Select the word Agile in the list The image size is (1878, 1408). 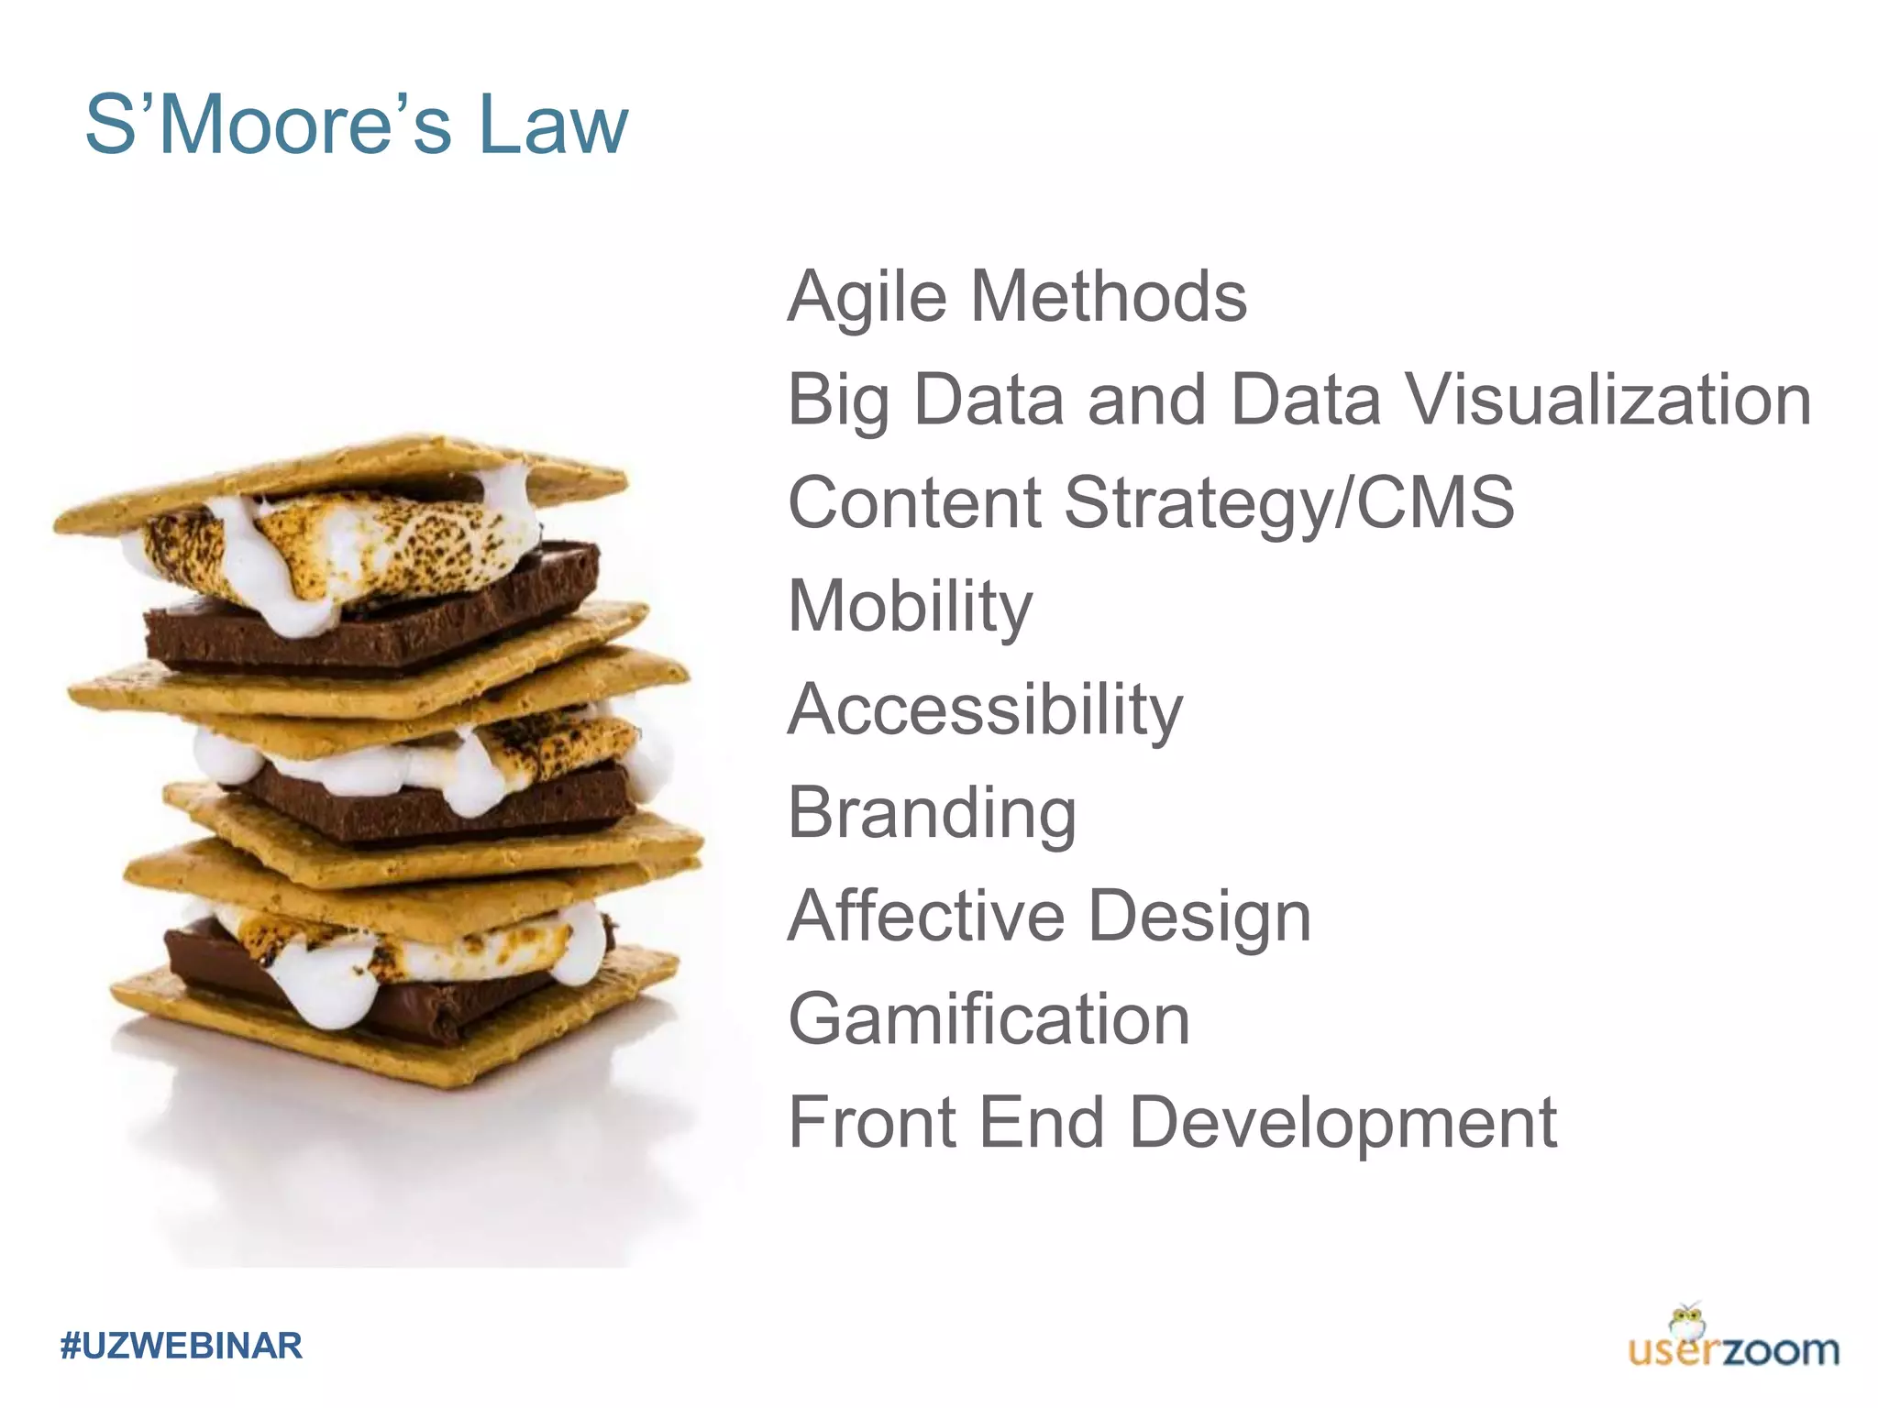point(867,297)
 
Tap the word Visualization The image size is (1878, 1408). point(1608,400)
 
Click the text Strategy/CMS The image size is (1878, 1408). point(1288,503)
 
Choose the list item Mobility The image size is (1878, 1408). point(910,607)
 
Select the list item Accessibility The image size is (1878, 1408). point(986,709)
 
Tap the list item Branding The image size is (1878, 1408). point(932,813)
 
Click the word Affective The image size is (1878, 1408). point(926,916)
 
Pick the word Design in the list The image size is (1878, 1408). point(1200,918)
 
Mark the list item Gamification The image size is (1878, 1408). point(989,1019)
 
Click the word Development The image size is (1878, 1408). point(1342,1124)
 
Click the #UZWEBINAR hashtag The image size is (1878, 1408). point(181,1346)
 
